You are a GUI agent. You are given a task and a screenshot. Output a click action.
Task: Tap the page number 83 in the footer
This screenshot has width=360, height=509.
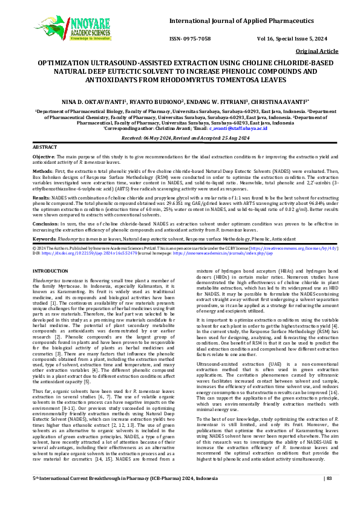329,495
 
